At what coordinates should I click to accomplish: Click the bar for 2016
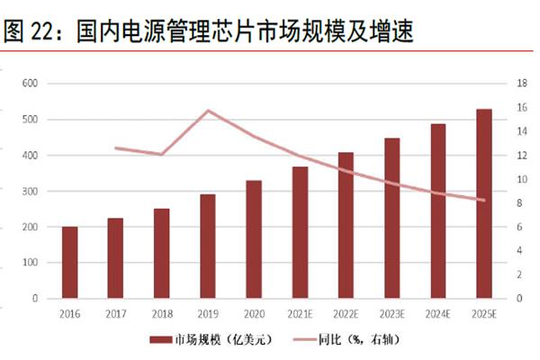[69, 262]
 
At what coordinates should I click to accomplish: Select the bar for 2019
[208, 246]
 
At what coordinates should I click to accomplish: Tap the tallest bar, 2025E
[484, 203]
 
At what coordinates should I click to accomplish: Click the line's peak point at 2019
[208, 111]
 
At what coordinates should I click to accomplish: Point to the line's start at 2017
[116, 148]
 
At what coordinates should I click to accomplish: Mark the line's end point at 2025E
[484, 200]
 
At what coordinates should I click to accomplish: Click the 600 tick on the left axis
[30, 84]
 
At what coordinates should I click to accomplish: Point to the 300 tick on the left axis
[30, 192]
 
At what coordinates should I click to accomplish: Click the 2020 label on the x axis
[254, 314]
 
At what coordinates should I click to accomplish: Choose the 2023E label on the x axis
[391, 314]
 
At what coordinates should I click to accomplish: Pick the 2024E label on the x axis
[438, 314]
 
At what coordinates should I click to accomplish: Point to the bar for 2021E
[300, 232]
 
